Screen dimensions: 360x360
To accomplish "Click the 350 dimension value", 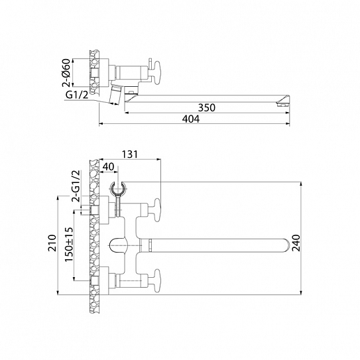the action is (207, 107).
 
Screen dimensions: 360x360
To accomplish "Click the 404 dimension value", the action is (191, 119).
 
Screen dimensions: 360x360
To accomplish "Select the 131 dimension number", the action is (130, 154).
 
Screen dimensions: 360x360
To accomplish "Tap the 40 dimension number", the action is (108, 166).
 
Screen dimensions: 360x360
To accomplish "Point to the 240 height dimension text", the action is (296, 243).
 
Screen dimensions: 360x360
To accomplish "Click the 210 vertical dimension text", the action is (52, 243).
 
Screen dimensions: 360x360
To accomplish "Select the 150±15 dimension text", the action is (69, 244).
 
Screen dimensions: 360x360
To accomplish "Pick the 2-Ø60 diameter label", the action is (66, 72).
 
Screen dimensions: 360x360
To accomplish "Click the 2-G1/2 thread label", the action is (76, 186).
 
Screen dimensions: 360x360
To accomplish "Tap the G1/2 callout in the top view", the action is (77, 95).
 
